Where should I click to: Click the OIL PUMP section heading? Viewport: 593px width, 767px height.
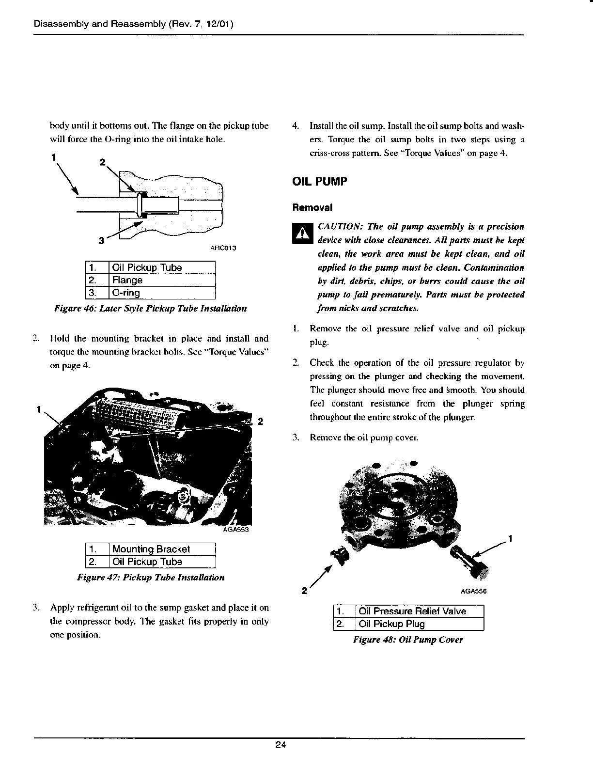click(319, 182)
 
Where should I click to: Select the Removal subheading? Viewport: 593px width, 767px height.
click(312, 207)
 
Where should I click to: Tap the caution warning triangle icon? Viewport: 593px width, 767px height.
click(301, 234)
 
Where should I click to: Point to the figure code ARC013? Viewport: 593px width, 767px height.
click(223, 248)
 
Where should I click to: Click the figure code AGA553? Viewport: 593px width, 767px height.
click(235, 530)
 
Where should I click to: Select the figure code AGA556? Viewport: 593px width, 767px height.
click(473, 591)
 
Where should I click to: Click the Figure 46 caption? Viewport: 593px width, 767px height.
click(151, 308)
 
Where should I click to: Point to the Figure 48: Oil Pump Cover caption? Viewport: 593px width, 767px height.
click(408, 640)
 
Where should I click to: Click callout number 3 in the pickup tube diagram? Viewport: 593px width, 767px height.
click(101, 240)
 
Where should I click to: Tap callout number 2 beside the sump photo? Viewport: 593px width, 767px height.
click(260, 421)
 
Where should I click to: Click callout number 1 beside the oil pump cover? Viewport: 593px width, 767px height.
click(511, 539)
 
